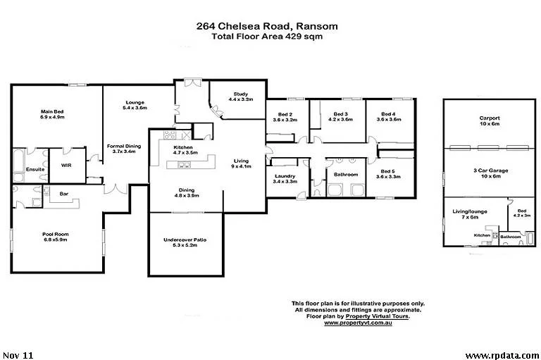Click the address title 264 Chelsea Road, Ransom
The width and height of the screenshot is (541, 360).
pyautogui.click(x=267, y=26)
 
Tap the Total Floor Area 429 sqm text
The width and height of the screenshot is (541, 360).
pyautogui.click(x=267, y=36)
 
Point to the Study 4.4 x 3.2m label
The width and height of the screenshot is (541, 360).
pyautogui.click(x=240, y=97)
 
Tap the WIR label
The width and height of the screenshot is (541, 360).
pyautogui.click(x=66, y=166)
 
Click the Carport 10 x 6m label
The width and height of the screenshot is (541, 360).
pyautogui.click(x=490, y=120)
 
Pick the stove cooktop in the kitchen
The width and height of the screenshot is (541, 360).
pyautogui.click(x=169, y=135)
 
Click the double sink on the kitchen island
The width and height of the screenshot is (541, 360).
pyautogui.click(x=184, y=166)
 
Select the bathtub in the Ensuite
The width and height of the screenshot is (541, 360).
pyautogui.click(x=18, y=161)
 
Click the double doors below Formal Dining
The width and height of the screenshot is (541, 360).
pyautogui.click(x=116, y=189)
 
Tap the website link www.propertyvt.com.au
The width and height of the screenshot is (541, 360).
pyautogui.click(x=358, y=323)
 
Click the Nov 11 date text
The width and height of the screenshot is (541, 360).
pyautogui.click(x=18, y=355)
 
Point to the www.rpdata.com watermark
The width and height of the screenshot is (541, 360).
pyautogui.click(x=502, y=355)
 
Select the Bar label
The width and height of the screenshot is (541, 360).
pyautogui.click(x=64, y=194)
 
